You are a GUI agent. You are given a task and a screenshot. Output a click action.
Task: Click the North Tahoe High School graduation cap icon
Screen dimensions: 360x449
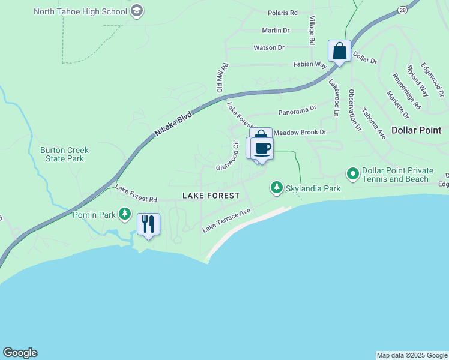coord(137,11)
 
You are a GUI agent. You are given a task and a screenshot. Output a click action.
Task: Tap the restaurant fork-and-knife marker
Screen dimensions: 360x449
coord(148,224)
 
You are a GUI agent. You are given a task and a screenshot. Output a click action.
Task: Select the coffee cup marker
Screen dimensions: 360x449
coord(262,148)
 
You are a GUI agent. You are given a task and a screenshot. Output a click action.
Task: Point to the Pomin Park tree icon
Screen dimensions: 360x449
coord(125,214)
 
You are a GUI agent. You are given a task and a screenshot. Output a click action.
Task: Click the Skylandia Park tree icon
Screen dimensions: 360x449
coord(276,188)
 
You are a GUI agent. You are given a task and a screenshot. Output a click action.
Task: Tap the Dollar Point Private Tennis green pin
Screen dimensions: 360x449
coord(353,174)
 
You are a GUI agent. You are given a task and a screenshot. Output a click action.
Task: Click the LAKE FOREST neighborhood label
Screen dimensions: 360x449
coord(211,196)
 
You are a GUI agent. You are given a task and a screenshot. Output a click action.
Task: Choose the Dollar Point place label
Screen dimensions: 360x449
coord(416,130)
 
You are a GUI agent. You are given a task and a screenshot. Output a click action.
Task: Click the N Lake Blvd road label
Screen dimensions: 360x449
coord(173,122)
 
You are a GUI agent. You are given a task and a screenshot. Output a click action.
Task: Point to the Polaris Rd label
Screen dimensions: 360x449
coord(283,13)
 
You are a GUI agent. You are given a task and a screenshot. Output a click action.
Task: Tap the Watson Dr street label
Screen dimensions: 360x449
coord(268,47)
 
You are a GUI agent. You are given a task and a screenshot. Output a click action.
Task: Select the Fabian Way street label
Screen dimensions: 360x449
coord(309,64)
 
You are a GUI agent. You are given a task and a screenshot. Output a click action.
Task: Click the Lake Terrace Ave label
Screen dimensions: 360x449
coord(226,220)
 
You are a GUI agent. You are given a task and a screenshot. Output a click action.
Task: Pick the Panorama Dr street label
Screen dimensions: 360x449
coord(297,111)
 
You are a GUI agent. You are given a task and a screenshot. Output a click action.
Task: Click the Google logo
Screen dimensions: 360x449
coord(20,353)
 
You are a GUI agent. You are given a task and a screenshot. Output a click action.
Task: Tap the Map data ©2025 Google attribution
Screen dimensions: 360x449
coord(412,355)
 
